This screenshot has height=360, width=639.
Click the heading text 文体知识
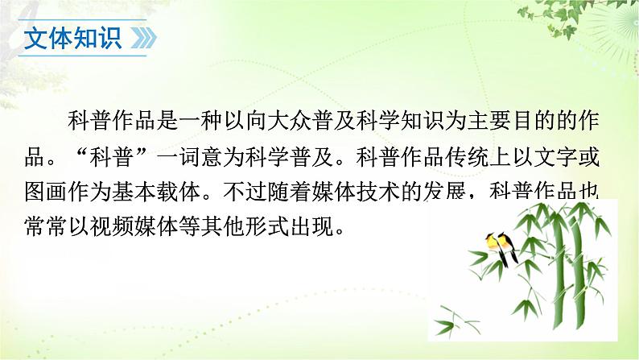click(x=72, y=39)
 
